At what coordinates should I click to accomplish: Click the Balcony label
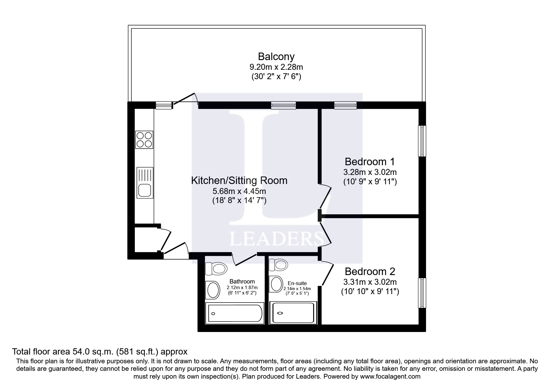276,57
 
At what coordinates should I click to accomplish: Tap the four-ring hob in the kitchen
144,140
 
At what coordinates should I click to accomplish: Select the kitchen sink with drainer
145,182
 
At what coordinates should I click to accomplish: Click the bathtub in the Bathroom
234,313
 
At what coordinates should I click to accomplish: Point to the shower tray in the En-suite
293,313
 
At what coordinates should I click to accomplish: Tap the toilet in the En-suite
278,265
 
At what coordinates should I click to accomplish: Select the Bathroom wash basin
212,289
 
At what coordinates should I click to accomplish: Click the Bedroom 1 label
369,162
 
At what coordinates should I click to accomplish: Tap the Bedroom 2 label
370,271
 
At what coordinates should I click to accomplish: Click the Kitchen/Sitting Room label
239,181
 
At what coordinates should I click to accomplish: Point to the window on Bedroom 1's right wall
422,141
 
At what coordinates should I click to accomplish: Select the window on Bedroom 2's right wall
422,293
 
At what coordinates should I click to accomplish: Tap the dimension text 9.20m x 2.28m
276,67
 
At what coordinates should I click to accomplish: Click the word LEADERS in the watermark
277,239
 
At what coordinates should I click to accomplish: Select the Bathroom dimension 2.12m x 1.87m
242,288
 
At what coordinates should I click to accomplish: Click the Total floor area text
99,351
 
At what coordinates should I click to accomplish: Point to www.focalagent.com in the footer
390,376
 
